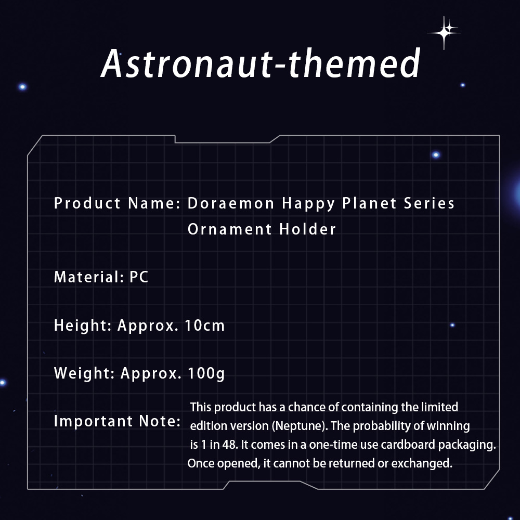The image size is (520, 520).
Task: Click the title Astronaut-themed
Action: tap(261, 63)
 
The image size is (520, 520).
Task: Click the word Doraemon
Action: tap(231, 203)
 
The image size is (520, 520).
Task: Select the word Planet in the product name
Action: tap(369, 203)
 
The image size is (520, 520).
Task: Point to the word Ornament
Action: tap(230, 229)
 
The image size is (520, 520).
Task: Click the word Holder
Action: tap(308, 229)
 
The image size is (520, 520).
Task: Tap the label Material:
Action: tap(89, 277)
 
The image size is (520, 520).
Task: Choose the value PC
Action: tap(139, 277)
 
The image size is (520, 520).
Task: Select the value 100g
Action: tap(206, 374)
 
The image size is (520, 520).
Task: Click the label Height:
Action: tap(83, 326)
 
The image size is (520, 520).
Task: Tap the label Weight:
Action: tap(84, 373)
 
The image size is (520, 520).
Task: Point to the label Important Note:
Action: tap(118, 421)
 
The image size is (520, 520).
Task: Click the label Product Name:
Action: tap(118, 203)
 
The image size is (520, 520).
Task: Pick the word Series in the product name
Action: tap(429, 203)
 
